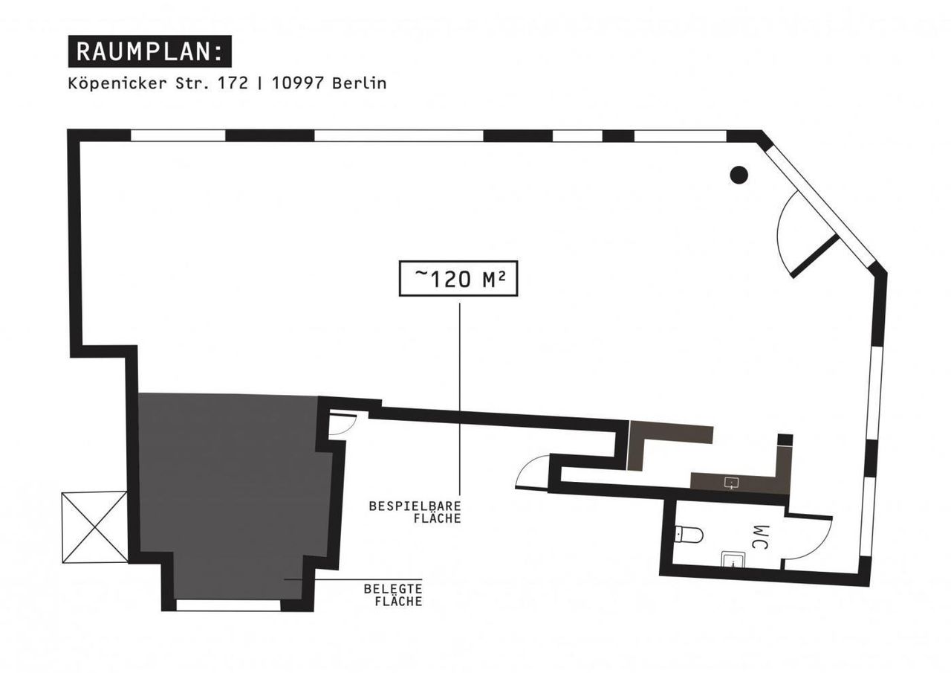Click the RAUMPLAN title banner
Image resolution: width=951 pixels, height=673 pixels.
coord(149,51)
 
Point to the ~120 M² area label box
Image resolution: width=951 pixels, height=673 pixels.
coord(458,279)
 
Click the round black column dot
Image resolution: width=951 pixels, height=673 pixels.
coord(738,175)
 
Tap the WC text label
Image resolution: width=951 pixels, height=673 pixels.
coord(759,538)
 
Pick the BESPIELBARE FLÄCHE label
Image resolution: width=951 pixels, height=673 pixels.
coord(415,512)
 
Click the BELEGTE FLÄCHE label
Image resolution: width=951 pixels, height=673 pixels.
coord(392,595)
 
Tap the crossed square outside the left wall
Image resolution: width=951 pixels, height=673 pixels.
coord(95,527)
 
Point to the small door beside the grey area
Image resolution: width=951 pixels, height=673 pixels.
coord(343,424)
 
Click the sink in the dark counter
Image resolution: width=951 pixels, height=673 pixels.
coord(732,483)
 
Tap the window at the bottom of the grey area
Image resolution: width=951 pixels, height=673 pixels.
coord(228,605)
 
